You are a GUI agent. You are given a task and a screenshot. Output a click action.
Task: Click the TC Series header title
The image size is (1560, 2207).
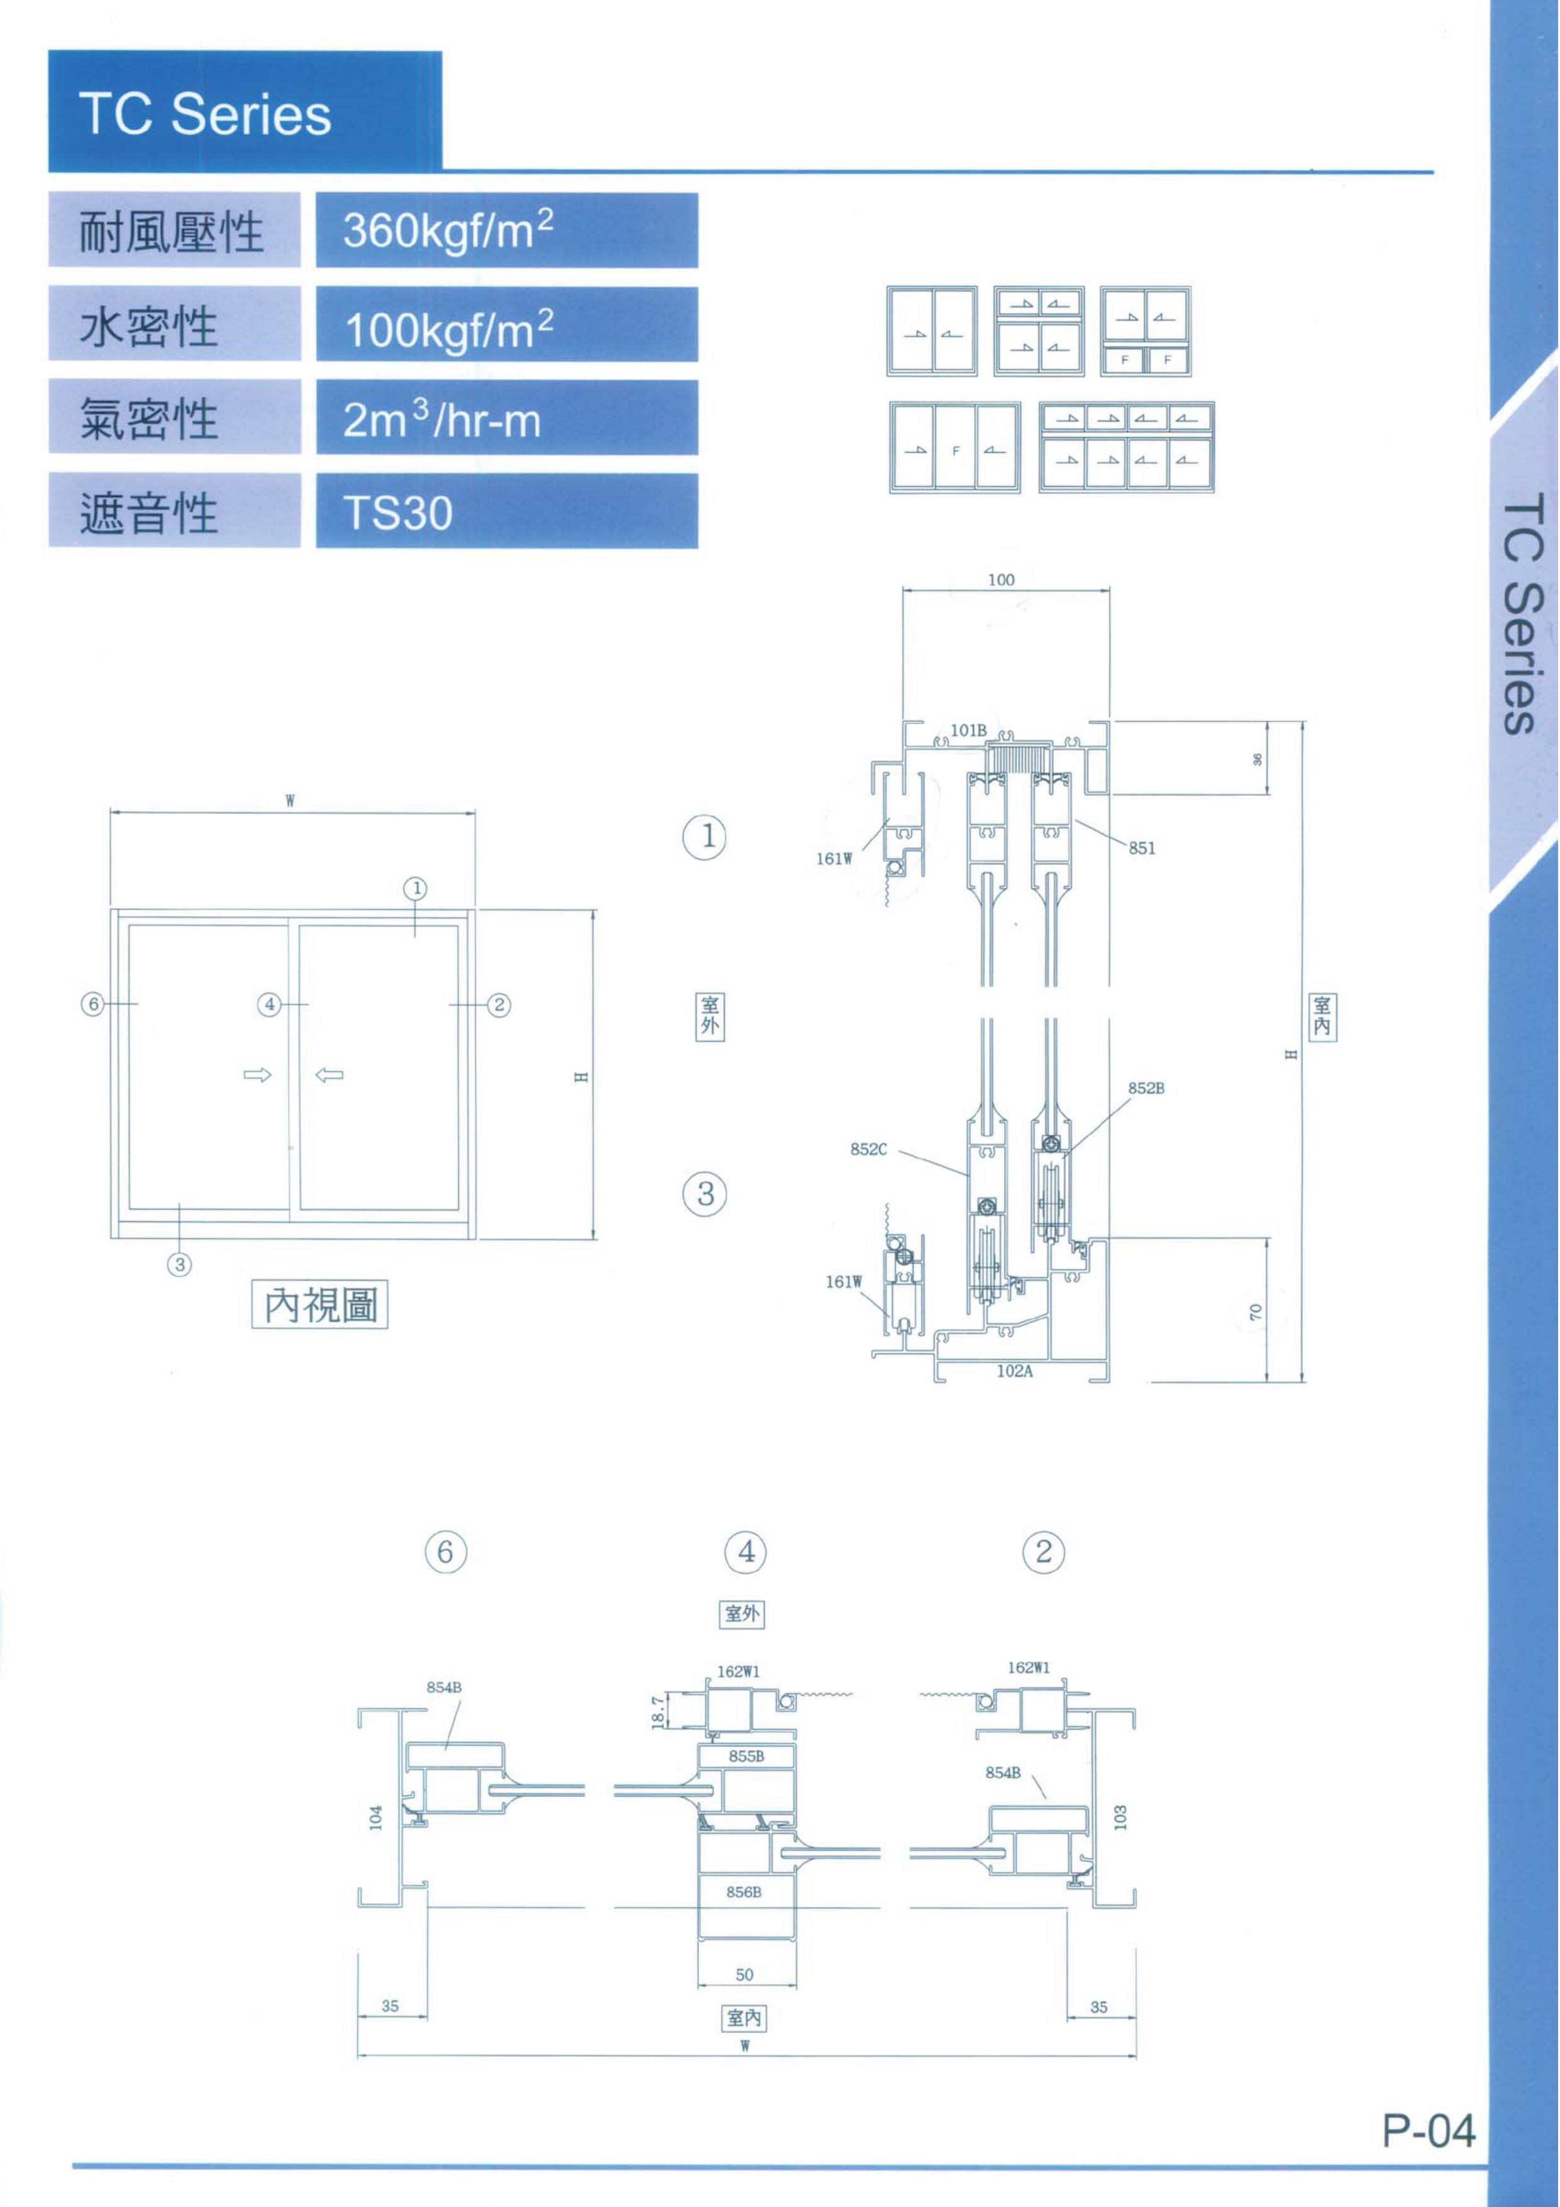point(205,114)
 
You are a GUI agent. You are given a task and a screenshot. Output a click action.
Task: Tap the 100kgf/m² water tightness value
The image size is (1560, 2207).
point(449,330)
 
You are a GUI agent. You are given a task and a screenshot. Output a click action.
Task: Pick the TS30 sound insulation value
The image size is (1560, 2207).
point(398,513)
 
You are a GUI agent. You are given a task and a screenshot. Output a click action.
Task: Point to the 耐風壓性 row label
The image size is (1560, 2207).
point(171,231)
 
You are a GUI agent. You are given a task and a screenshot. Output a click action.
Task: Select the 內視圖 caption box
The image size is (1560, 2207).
point(320,1304)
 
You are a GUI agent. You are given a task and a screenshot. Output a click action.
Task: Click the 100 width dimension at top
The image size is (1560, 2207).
point(1000,580)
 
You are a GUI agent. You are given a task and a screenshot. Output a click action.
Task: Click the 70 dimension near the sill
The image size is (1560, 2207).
point(1255,1312)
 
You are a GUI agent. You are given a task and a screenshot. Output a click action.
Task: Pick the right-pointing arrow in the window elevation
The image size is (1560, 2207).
point(258,1075)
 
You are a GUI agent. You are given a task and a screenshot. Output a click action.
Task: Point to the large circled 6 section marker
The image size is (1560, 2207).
point(446,1552)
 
